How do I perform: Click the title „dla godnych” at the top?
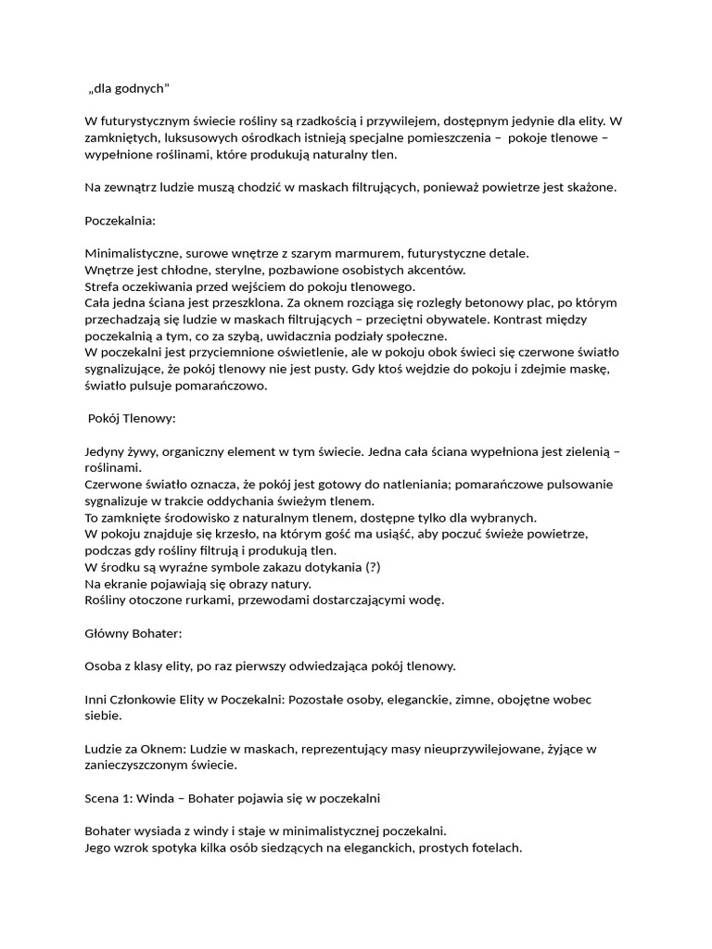[130, 88]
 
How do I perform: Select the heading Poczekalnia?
[121, 221]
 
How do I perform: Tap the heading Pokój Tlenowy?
[132, 418]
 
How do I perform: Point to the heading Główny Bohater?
[133, 632]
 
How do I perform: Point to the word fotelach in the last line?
[495, 847]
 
